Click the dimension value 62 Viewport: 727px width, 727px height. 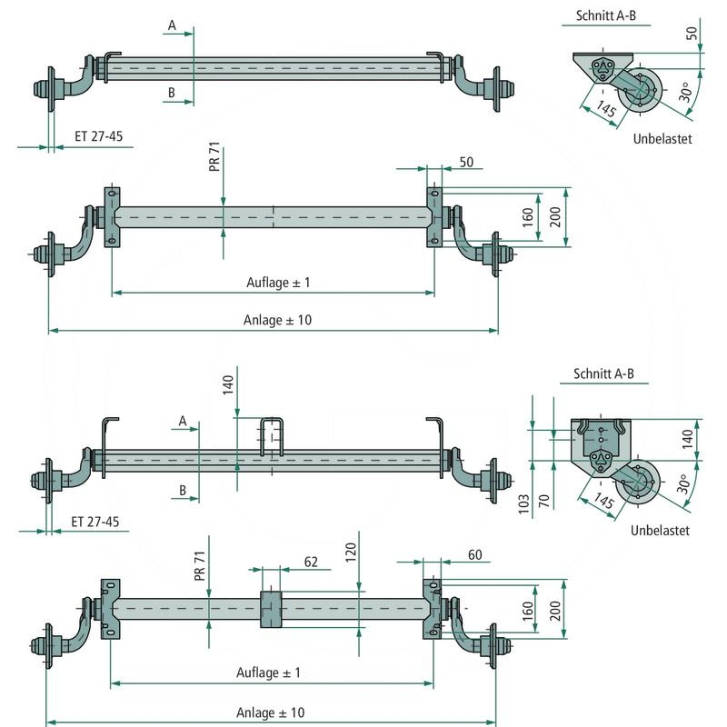point(311,563)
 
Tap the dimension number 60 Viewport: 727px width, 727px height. point(473,553)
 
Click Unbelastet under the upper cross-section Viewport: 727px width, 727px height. point(662,139)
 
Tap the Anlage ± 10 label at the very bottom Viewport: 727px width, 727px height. point(271,712)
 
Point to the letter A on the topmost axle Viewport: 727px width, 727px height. point(171,26)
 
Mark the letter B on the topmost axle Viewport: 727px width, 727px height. point(171,92)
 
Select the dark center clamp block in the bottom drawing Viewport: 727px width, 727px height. point(272,609)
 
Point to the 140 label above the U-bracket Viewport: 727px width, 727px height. point(228,387)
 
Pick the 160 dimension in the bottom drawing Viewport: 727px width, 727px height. point(527,611)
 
